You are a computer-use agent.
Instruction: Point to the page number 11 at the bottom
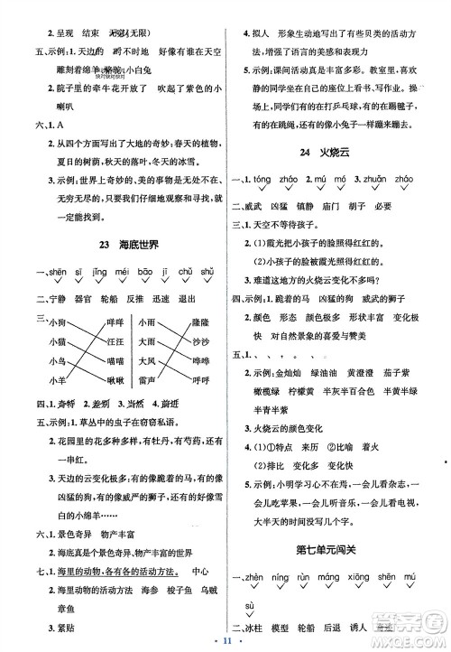(226, 639)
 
